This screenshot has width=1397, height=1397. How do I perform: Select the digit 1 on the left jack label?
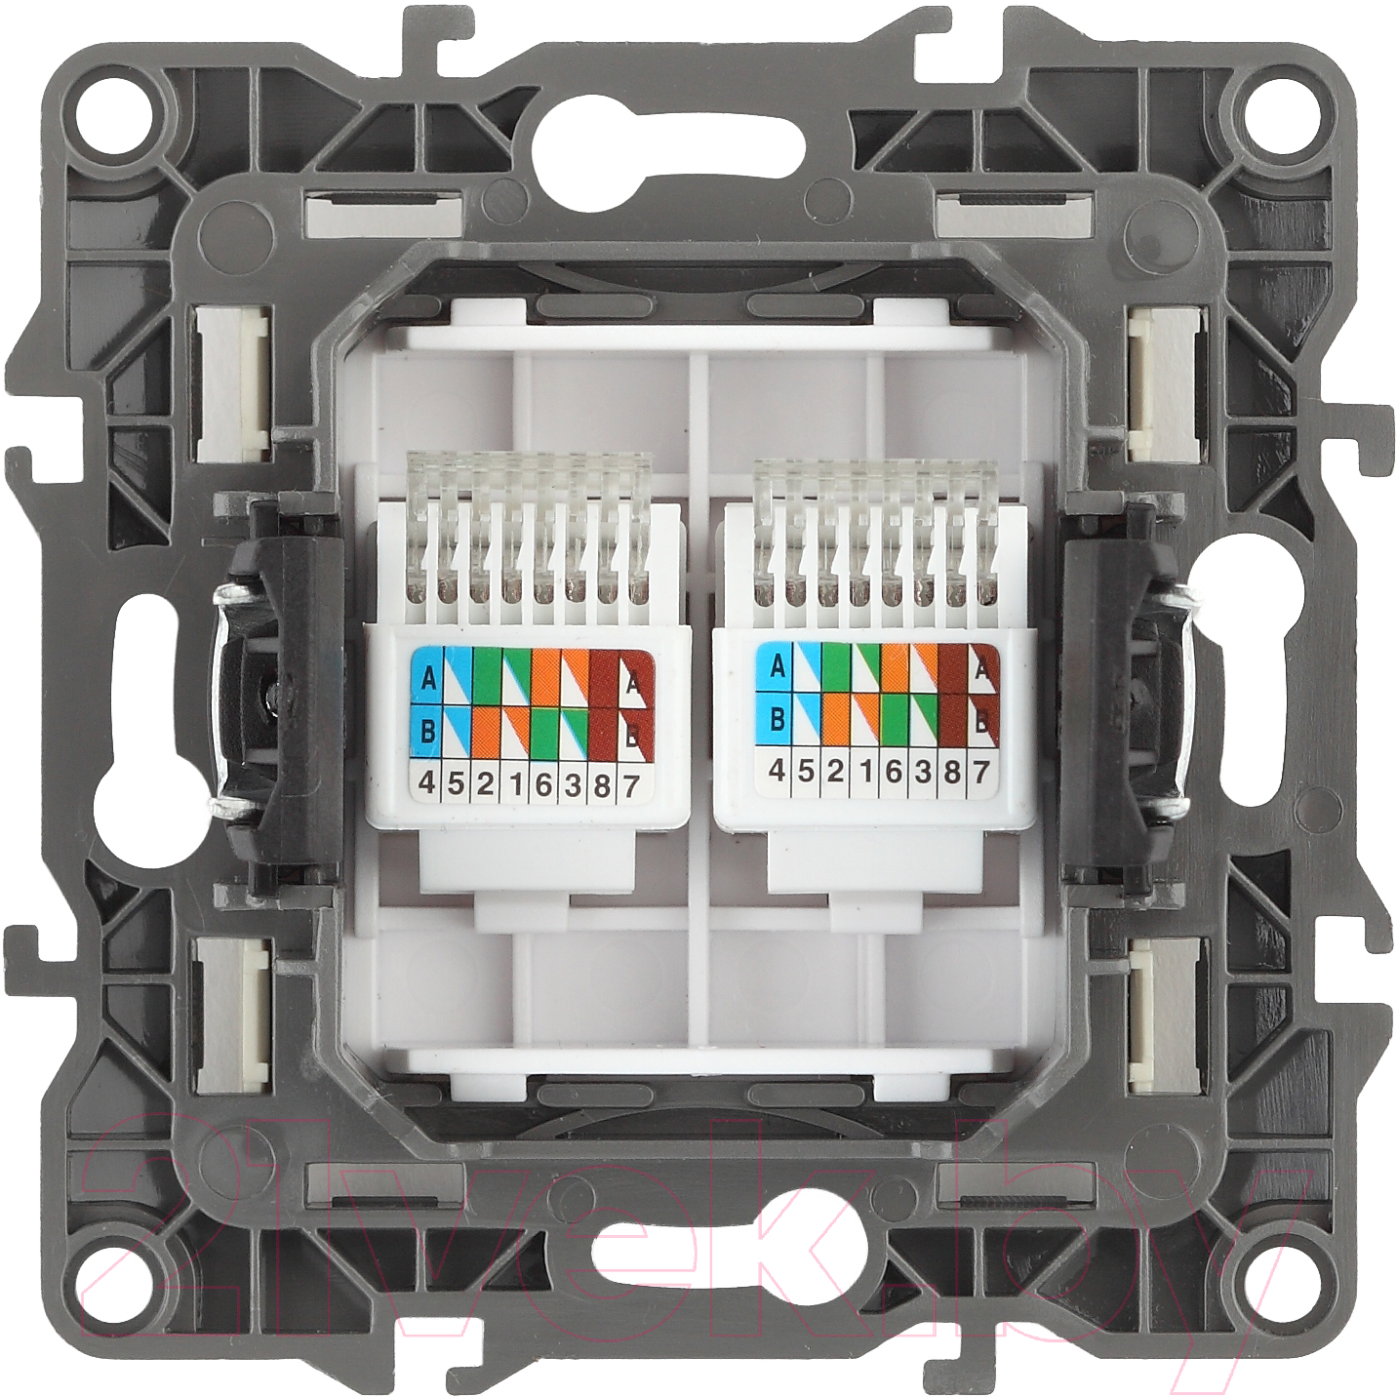515,785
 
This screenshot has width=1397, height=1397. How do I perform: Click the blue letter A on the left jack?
428,679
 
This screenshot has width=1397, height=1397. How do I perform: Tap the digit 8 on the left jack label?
601,786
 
